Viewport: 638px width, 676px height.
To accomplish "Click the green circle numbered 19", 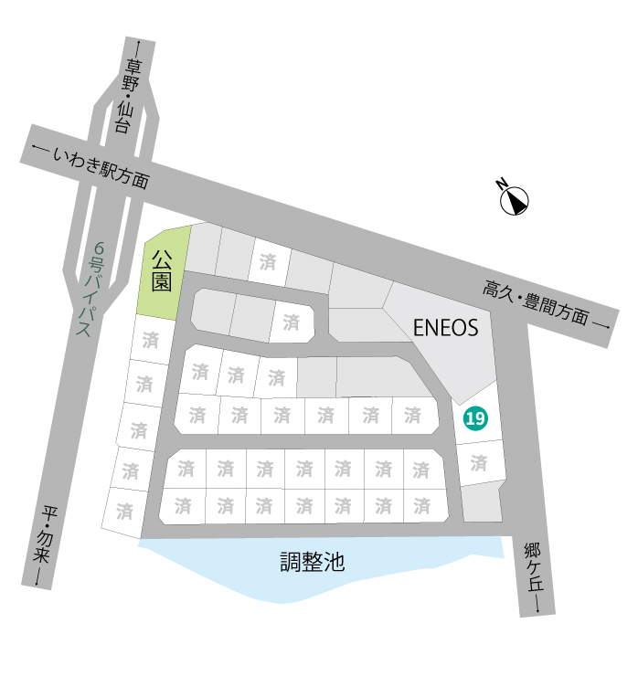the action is tap(475, 418).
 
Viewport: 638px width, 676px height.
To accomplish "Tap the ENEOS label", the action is tap(446, 328).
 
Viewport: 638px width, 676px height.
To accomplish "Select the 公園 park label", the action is tap(162, 270).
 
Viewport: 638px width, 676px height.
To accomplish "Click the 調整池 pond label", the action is tap(313, 562).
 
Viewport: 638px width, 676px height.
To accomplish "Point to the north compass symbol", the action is tap(515, 200).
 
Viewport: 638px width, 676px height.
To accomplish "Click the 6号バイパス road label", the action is tap(91, 289).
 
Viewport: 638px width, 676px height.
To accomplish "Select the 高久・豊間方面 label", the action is tap(536, 301).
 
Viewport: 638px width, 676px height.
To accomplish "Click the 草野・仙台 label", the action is tap(127, 96).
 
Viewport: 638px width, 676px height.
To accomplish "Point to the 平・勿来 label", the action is tap(45, 533).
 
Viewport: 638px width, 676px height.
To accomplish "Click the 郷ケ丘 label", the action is tap(534, 567).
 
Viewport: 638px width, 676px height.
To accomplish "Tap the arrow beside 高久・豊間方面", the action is tap(601, 325).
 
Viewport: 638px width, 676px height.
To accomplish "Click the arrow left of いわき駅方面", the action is tap(40, 149).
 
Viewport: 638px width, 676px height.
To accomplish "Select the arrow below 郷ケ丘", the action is tap(537, 603).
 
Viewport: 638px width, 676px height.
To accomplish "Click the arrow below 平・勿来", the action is tap(38, 576).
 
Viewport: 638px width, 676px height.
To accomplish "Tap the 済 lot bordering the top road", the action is tap(269, 261).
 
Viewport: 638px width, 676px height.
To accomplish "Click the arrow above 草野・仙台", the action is tap(138, 49).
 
